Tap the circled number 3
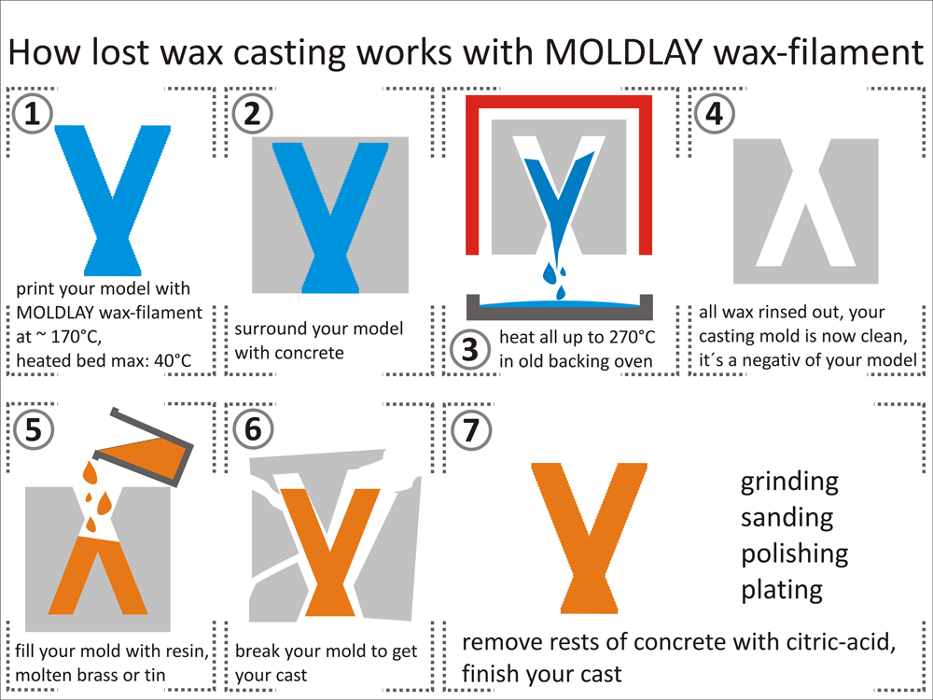(469, 348)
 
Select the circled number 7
(469, 430)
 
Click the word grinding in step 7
(789, 483)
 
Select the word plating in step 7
(782, 589)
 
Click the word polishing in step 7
(795, 553)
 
